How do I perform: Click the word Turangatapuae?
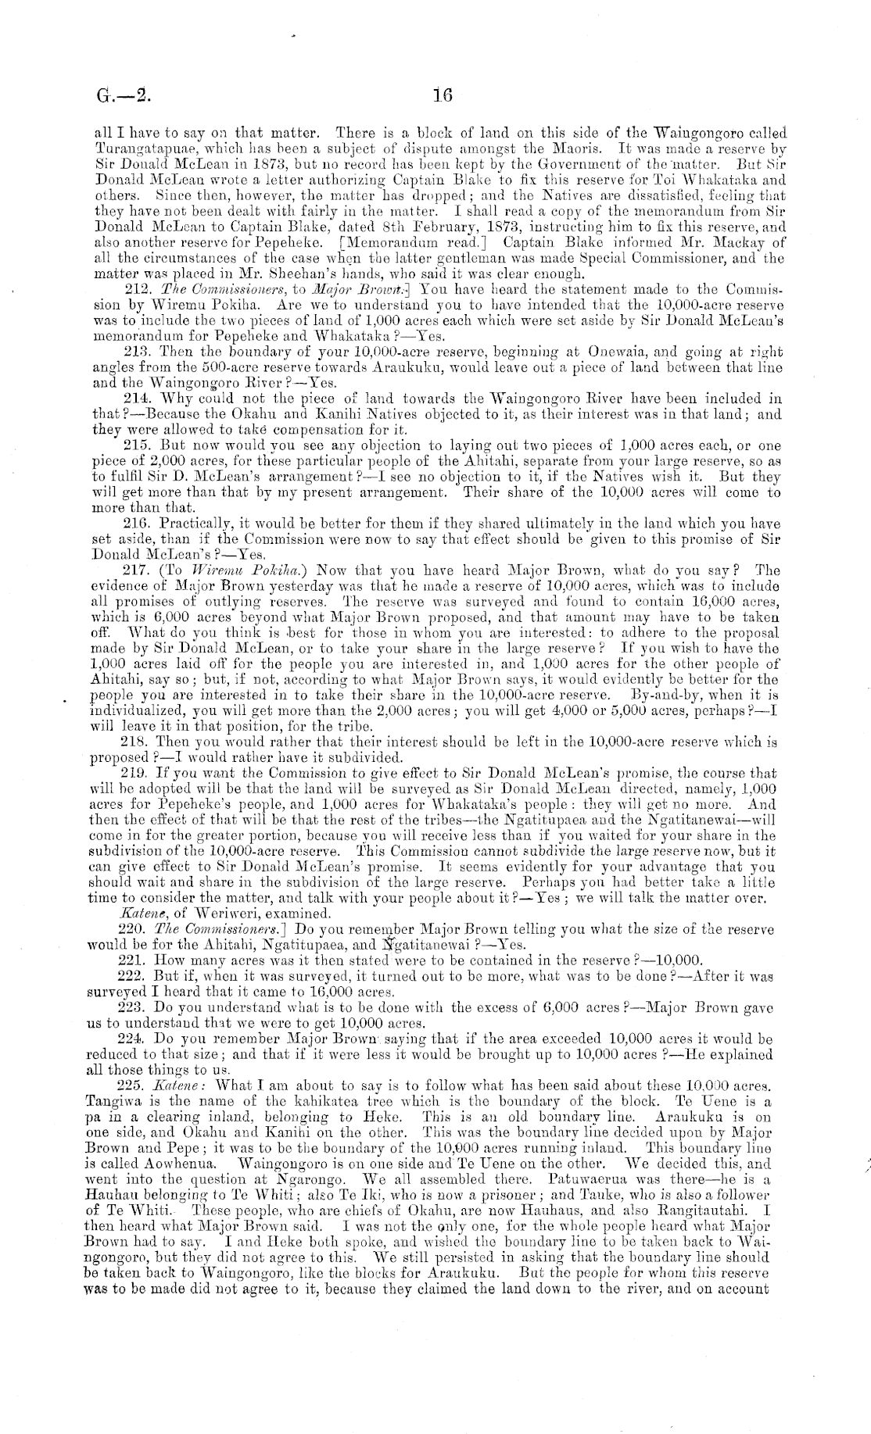tap(130, 148)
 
